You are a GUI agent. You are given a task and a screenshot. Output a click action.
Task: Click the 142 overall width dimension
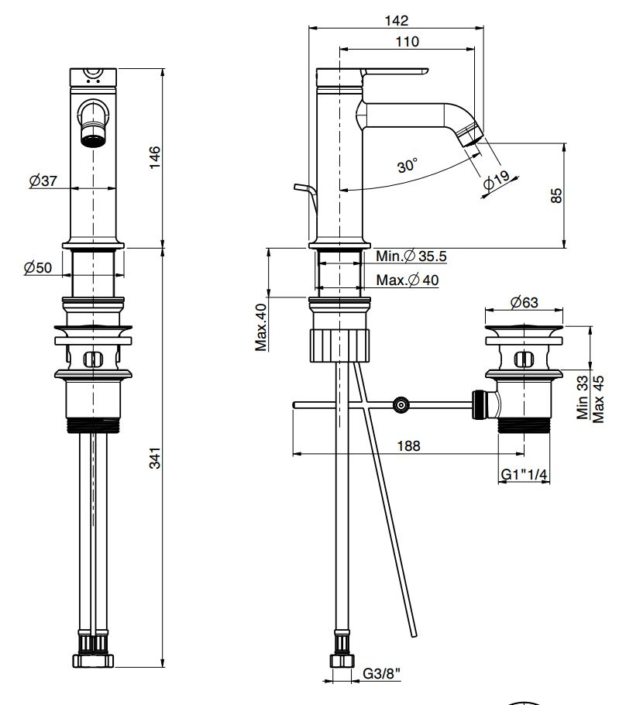[x=400, y=20]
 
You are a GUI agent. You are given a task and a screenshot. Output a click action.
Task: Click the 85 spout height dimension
[x=555, y=195]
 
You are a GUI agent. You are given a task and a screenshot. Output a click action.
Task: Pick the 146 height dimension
[x=155, y=158]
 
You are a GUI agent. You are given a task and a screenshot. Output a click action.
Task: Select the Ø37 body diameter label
[x=43, y=181]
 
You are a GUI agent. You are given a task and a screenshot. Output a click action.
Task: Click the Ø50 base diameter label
[x=38, y=267]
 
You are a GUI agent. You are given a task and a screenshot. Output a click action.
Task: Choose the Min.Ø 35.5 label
[x=411, y=256]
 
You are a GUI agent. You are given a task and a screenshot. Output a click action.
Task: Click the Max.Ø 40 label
[x=408, y=280]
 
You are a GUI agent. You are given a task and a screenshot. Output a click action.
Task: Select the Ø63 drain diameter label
[x=524, y=302]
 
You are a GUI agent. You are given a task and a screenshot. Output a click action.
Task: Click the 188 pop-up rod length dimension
[x=408, y=445]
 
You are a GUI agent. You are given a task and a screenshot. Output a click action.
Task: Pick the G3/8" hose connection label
[x=383, y=674]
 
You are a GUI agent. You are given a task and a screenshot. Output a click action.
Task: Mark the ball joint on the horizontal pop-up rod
[x=400, y=404]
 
